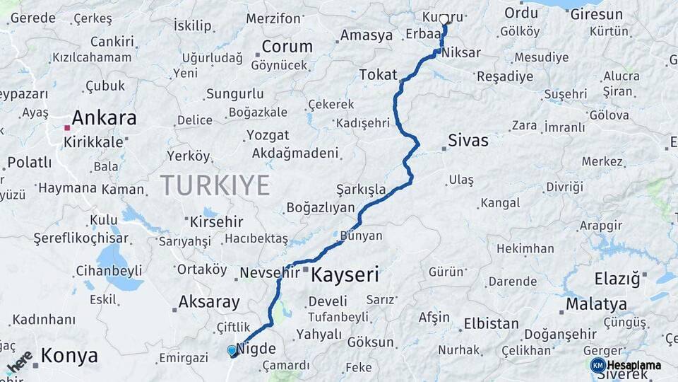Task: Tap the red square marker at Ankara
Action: [67, 128]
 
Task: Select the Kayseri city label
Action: [345, 274]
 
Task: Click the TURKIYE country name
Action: [215, 185]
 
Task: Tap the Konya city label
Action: [69, 356]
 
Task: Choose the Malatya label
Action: [597, 304]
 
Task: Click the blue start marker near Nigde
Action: [232, 350]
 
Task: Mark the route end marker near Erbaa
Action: [444, 20]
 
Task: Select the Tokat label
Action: [378, 74]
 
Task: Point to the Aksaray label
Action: [209, 302]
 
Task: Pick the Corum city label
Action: [287, 47]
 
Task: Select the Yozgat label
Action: [268, 134]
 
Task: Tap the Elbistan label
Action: [491, 324]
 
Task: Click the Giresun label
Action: [596, 14]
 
